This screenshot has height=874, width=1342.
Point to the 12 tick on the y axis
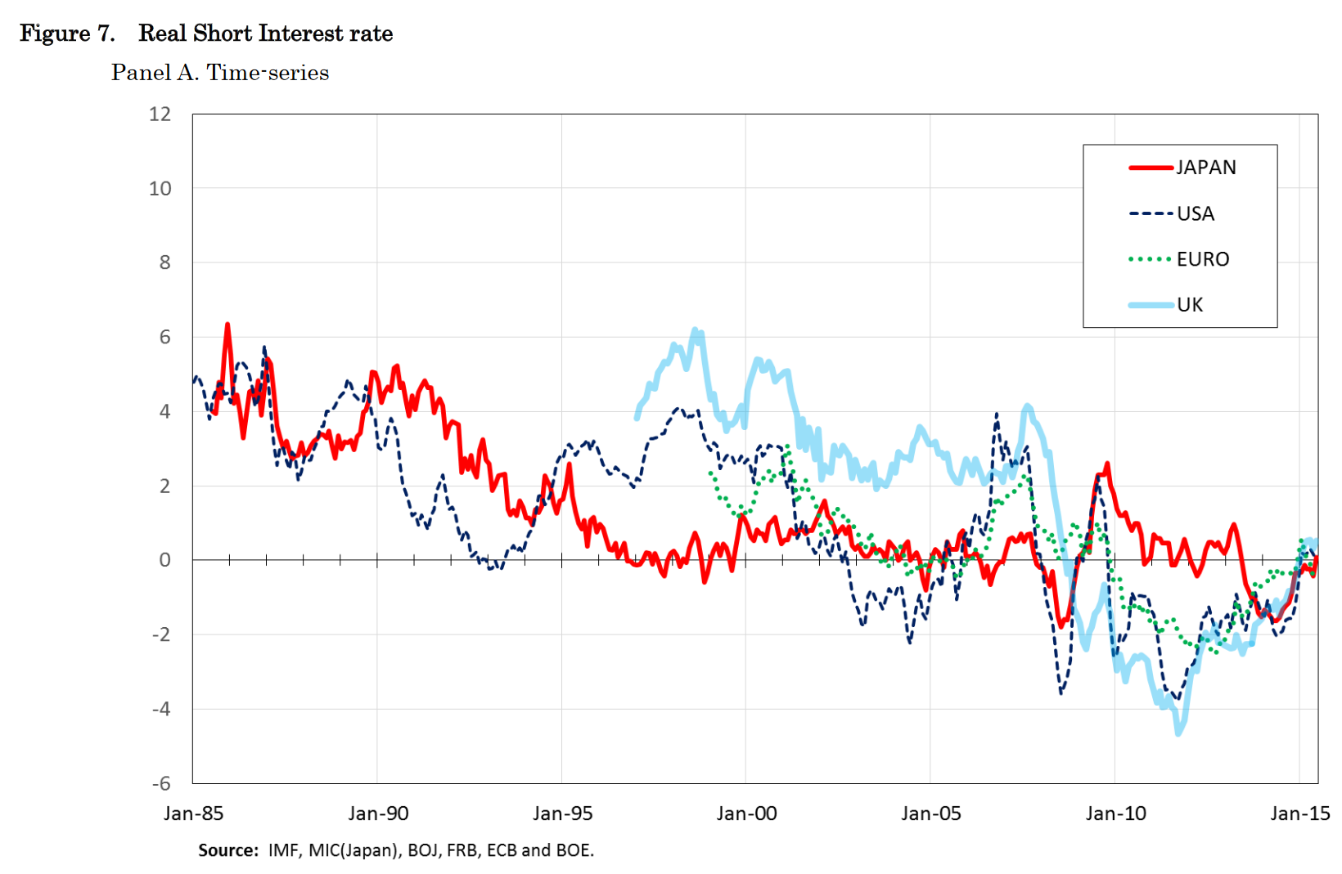160,114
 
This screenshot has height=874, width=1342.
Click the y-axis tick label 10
160,189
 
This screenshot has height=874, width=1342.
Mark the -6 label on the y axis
161,783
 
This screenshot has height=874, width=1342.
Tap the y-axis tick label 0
165,560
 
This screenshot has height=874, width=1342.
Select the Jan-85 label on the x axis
193,813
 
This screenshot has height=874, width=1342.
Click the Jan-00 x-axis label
746,813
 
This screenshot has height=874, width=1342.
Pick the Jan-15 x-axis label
1299,813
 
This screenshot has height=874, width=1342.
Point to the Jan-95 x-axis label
562,813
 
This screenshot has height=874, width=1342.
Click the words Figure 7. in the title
67,34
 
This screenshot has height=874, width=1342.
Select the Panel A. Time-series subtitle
220,73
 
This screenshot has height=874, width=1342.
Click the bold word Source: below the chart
228,850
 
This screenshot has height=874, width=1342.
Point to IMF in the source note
283,850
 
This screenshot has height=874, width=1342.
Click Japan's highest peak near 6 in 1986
227,325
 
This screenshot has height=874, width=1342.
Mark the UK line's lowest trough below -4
1178,733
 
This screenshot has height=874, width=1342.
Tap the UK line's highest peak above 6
696,329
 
